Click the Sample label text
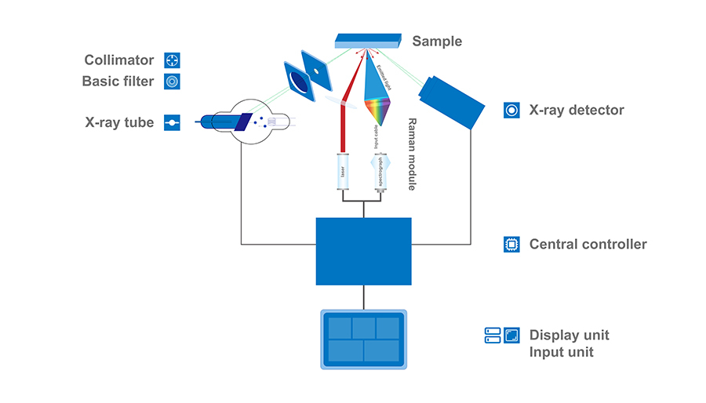[x=437, y=42]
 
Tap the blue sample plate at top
[x=368, y=41]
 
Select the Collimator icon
[x=172, y=60]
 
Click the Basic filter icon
[x=172, y=81]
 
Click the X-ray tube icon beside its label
[x=172, y=122]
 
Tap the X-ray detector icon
[x=511, y=110]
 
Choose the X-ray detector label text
[x=577, y=110]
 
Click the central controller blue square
[x=363, y=251]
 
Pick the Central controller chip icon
[x=511, y=245]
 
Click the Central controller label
[x=588, y=245]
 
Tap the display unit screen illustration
[x=363, y=339]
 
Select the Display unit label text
[x=569, y=336]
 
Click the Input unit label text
[x=561, y=353]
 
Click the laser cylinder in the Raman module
[x=343, y=172]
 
